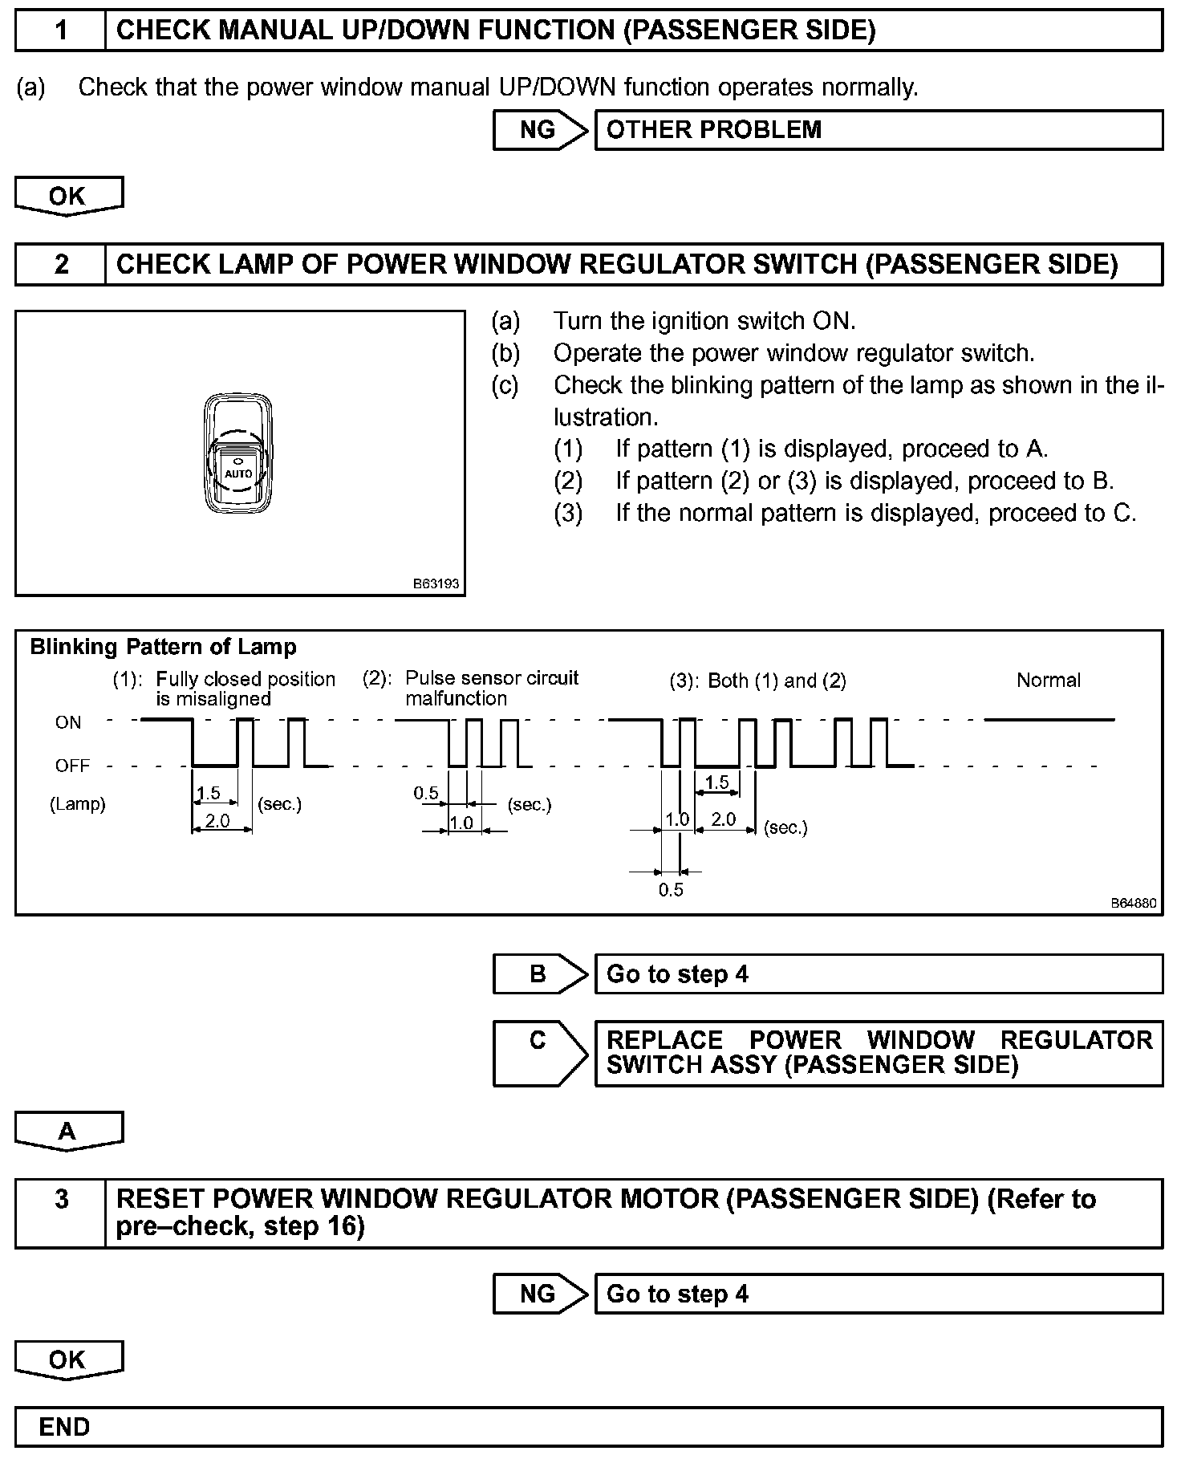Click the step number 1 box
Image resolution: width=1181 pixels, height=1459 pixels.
pyautogui.click(x=61, y=30)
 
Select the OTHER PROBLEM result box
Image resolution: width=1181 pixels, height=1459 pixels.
pyautogui.click(x=878, y=130)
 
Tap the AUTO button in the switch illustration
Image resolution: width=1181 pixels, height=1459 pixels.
pyautogui.click(x=238, y=473)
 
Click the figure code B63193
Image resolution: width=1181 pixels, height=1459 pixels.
pyautogui.click(x=436, y=583)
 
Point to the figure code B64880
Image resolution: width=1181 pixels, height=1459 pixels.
pyautogui.click(x=1133, y=903)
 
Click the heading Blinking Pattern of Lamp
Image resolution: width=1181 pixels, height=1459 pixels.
pyautogui.click(x=163, y=647)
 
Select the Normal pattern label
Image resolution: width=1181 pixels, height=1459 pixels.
pyautogui.click(x=1048, y=680)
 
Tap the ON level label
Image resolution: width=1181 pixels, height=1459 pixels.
pyautogui.click(x=68, y=722)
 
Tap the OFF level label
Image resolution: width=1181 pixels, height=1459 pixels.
pyautogui.click(x=72, y=766)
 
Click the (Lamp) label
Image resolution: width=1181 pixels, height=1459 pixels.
pyautogui.click(x=78, y=804)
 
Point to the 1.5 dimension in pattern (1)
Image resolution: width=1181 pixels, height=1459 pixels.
pyautogui.click(x=208, y=793)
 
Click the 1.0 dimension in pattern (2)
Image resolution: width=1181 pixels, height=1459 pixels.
pyautogui.click(x=461, y=823)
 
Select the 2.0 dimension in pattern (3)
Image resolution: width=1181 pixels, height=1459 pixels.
pyautogui.click(x=724, y=819)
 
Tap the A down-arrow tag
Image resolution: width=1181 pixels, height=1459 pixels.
pyautogui.click(x=68, y=1131)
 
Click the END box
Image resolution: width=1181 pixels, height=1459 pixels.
pyautogui.click(x=589, y=1427)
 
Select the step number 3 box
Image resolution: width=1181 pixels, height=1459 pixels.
pyautogui.click(x=61, y=1213)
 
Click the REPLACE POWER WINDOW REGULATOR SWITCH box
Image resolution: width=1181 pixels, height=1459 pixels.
pyautogui.click(x=878, y=1053)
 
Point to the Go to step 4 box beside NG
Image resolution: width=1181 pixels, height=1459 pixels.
pyautogui.click(x=878, y=1294)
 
